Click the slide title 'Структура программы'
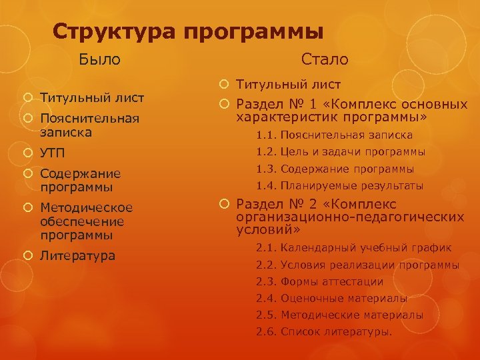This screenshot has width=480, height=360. (x=188, y=31)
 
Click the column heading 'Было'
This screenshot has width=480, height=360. (x=100, y=59)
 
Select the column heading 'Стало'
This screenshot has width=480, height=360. (x=325, y=59)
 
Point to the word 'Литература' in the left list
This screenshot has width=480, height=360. (x=77, y=255)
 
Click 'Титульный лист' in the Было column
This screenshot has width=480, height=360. (x=92, y=98)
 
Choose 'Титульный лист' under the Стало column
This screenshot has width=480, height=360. (x=289, y=85)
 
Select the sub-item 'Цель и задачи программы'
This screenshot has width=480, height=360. (x=353, y=152)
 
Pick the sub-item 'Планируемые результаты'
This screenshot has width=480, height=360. (x=352, y=186)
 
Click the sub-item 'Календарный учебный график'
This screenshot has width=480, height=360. (x=366, y=248)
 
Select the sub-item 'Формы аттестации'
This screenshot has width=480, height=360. (x=332, y=281)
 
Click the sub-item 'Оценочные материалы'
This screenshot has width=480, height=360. (x=344, y=298)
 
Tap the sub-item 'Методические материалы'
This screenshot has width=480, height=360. (x=352, y=315)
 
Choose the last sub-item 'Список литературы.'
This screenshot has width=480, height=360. (x=337, y=331)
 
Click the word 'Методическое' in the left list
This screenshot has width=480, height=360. (x=87, y=207)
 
